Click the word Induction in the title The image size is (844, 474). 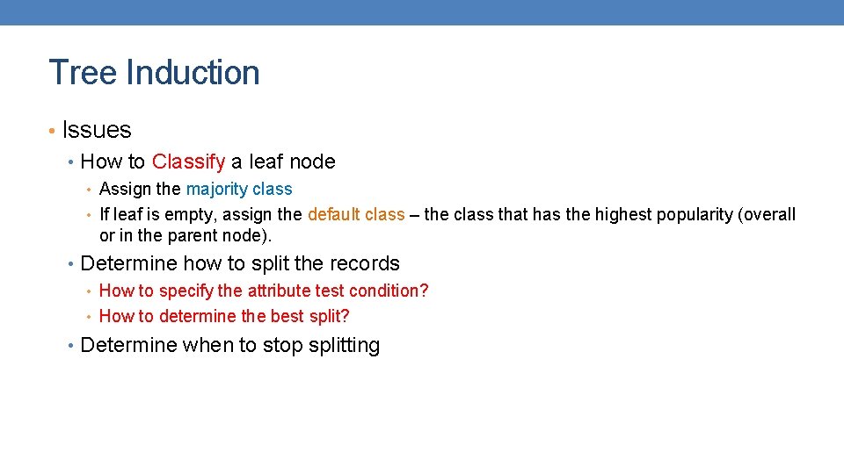pyautogui.click(x=193, y=72)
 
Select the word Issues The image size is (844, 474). pyautogui.click(x=97, y=130)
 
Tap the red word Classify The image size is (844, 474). pyautogui.click(x=188, y=162)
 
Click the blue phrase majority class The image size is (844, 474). pyautogui.click(x=239, y=189)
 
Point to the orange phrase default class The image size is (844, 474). pyautogui.click(x=356, y=214)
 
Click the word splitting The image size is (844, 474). pyautogui.click(x=345, y=346)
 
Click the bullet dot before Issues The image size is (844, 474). pyautogui.click(x=52, y=131)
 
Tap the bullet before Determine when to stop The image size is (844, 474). pyautogui.click(x=71, y=346)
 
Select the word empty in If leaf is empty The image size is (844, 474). pyautogui.click(x=187, y=214)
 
